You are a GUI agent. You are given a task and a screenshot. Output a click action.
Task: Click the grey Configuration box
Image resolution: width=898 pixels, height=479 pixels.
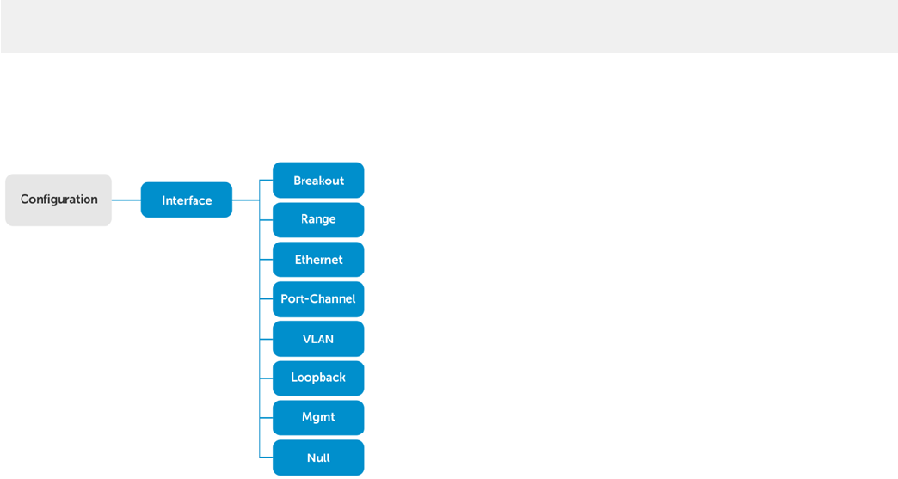click(x=58, y=200)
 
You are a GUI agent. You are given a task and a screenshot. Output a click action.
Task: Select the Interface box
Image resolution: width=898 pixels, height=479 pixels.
click(x=187, y=200)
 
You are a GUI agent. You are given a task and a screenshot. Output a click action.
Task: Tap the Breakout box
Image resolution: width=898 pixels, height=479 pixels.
click(x=318, y=181)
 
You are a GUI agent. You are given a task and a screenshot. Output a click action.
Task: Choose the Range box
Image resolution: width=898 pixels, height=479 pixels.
click(x=318, y=220)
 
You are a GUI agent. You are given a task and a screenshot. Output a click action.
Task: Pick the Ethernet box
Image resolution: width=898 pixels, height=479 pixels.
click(x=318, y=259)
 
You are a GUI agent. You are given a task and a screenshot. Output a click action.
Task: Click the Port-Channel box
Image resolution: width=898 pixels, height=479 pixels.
click(x=318, y=299)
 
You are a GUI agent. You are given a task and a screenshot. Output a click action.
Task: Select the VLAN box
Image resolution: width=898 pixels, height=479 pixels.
click(x=318, y=339)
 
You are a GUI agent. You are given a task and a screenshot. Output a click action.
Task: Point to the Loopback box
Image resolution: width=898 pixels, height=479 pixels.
click(x=318, y=378)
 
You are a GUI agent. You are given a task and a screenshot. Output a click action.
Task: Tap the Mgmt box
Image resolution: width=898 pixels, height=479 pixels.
click(x=318, y=418)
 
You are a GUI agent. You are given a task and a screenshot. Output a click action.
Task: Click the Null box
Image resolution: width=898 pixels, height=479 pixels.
click(x=318, y=458)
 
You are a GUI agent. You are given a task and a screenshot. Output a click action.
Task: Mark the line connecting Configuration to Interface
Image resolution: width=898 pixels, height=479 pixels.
click(x=126, y=200)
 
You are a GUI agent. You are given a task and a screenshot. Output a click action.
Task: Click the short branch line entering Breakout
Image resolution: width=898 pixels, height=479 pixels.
click(x=267, y=181)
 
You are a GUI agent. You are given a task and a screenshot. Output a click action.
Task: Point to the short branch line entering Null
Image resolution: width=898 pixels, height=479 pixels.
click(x=267, y=458)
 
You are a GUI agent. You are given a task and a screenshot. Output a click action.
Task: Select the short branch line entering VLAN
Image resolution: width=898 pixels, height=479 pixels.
click(x=267, y=339)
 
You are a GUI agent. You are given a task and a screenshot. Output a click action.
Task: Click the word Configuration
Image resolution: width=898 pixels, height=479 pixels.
click(x=59, y=200)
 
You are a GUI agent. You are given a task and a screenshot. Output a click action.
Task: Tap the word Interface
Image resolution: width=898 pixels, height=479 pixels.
click(x=187, y=200)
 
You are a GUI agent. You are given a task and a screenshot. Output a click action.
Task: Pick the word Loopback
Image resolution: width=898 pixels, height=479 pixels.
click(x=318, y=378)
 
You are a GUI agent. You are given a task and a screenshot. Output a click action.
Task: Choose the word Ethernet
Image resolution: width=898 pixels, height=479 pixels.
click(x=318, y=260)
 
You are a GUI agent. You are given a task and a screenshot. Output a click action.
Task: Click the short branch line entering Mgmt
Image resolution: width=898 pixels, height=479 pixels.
click(x=267, y=418)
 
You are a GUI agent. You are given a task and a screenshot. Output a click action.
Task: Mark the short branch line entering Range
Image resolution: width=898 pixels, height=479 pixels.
click(x=267, y=220)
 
